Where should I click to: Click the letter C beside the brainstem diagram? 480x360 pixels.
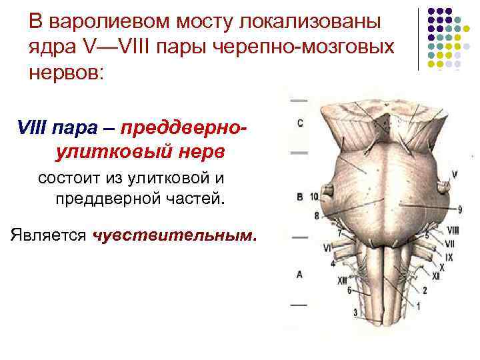point(301,123)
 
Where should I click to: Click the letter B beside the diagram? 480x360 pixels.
point(299,196)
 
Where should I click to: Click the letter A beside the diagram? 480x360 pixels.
point(299,274)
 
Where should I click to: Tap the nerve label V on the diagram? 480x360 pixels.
point(454,174)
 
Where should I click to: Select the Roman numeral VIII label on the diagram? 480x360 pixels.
point(453,231)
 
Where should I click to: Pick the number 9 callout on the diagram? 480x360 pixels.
point(460,211)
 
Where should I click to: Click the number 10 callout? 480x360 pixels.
point(314,195)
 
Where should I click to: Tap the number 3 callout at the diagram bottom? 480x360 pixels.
point(355,312)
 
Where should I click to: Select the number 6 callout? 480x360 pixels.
point(349,290)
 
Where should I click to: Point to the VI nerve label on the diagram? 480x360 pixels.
point(327,247)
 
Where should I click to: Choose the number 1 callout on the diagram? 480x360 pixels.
point(419,306)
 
